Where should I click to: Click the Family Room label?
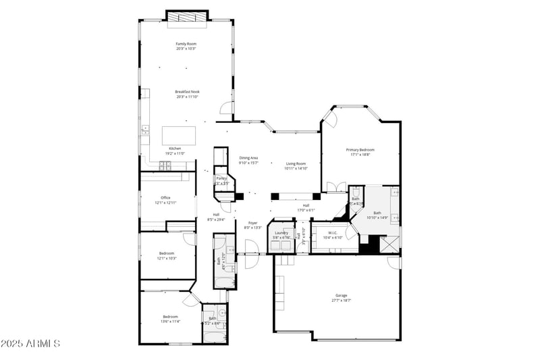tap(186, 44)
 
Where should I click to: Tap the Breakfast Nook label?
tap(187, 92)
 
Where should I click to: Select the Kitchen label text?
tap(175, 149)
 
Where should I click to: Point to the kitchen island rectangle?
tap(178, 134)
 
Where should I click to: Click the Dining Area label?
tap(248, 158)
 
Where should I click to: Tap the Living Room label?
tap(296, 163)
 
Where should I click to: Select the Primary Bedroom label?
tap(360, 150)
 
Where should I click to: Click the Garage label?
tap(342, 295)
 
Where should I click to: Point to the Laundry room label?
tap(281, 232)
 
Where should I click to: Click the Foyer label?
tap(252, 223)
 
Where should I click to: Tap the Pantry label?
tap(221, 178)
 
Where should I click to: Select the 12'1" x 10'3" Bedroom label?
tap(167, 253)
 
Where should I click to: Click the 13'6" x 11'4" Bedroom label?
tap(170, 317)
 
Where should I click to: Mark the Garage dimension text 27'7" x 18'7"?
tap(342, 301)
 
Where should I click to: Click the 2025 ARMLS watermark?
tap(30, 344)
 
